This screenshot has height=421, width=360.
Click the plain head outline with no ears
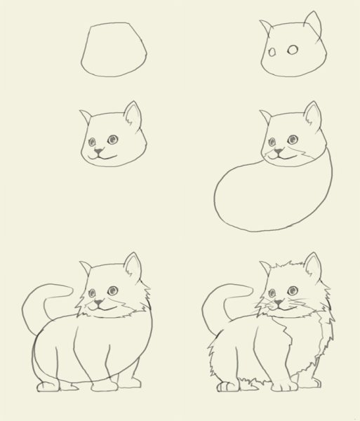(114, 49)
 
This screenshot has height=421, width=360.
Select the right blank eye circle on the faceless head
(293, 49)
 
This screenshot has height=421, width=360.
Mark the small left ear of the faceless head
(267, 27)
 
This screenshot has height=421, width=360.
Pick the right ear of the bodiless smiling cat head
(133, 114)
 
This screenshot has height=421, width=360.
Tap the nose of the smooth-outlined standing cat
(100, 303)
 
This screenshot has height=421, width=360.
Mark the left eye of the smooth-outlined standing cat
(95, 293)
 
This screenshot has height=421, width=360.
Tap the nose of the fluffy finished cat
(279, 303)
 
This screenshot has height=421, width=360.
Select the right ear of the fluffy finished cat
(313, 267)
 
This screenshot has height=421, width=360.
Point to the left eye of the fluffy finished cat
(274, 293)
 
